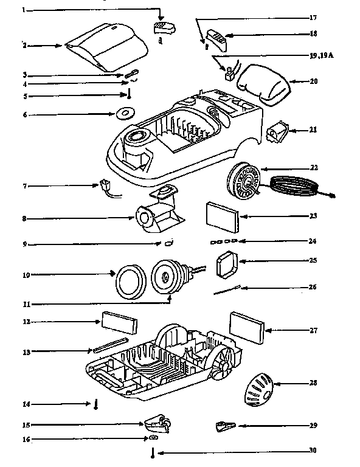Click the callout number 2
[x=24, y=46]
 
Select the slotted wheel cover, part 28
[x=258, y=388]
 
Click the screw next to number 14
[x=96, y=404]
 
